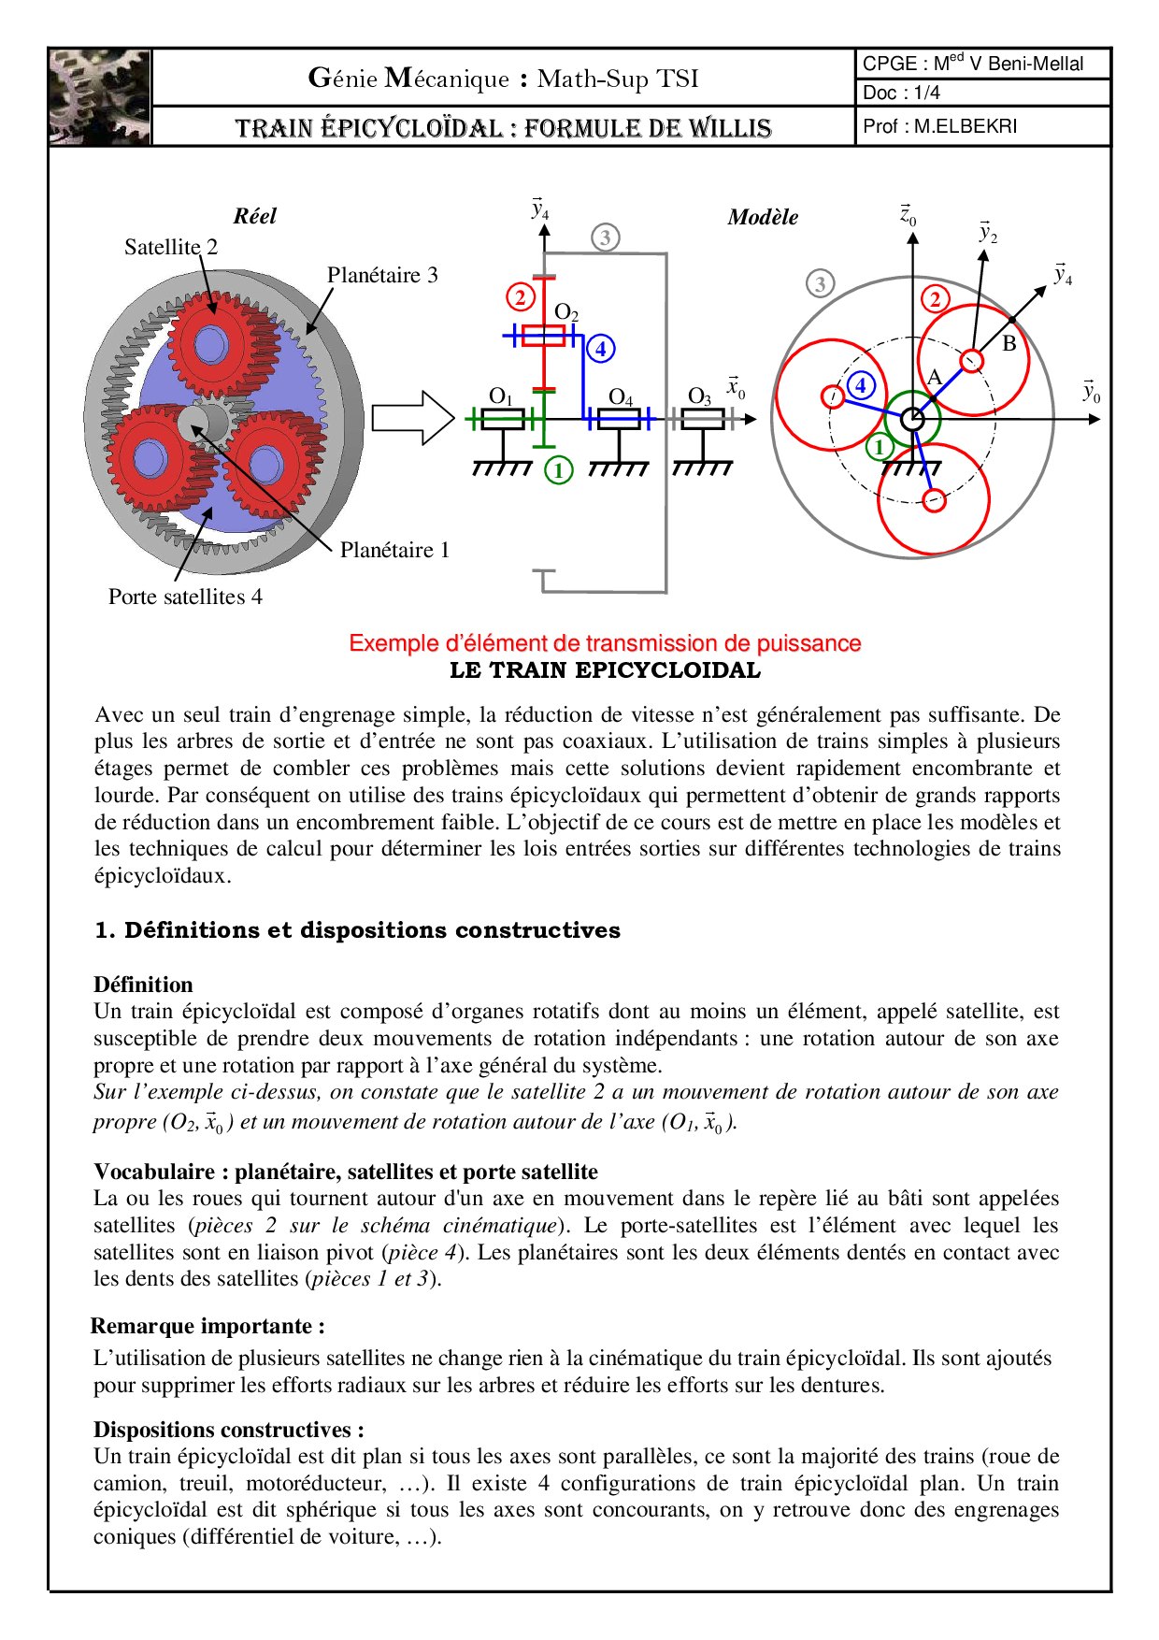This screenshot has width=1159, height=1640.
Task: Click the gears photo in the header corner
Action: click(x=100, y=97)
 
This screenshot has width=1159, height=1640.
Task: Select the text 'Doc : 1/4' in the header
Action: click(x=901, y=93)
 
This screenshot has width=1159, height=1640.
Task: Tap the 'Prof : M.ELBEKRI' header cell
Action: click(x=939, y=126)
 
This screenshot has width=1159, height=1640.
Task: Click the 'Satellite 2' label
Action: click(x=171, y=247)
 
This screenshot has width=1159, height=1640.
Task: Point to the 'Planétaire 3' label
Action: click(x=382, y=275)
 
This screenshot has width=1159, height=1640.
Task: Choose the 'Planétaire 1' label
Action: click(x=394, y=550)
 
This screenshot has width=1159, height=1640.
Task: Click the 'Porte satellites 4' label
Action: click(x=185, y=597)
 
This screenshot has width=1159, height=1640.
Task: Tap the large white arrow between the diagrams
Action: click(x=412, y=417)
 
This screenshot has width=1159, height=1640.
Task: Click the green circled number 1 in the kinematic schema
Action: click(x=559, y=469)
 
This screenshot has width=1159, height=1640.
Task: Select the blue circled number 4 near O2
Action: click(x=601, y=349)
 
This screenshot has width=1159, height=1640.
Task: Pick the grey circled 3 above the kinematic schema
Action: click(x=606, y=237)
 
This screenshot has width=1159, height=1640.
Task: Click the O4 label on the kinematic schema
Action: click(x=621, y=397)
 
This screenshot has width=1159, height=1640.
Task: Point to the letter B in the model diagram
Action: click(x=1009, y=343)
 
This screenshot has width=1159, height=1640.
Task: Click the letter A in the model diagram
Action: click(x=934, y=377)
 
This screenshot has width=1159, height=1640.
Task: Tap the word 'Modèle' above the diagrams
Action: click(x=763, y=217)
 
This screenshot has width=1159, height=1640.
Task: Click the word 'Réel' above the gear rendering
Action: click(x=255, y=216)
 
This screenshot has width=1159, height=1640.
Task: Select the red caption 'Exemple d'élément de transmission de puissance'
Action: click(x=605, y=643)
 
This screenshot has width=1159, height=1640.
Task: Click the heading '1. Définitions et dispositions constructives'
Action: click(x=357, y=930)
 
